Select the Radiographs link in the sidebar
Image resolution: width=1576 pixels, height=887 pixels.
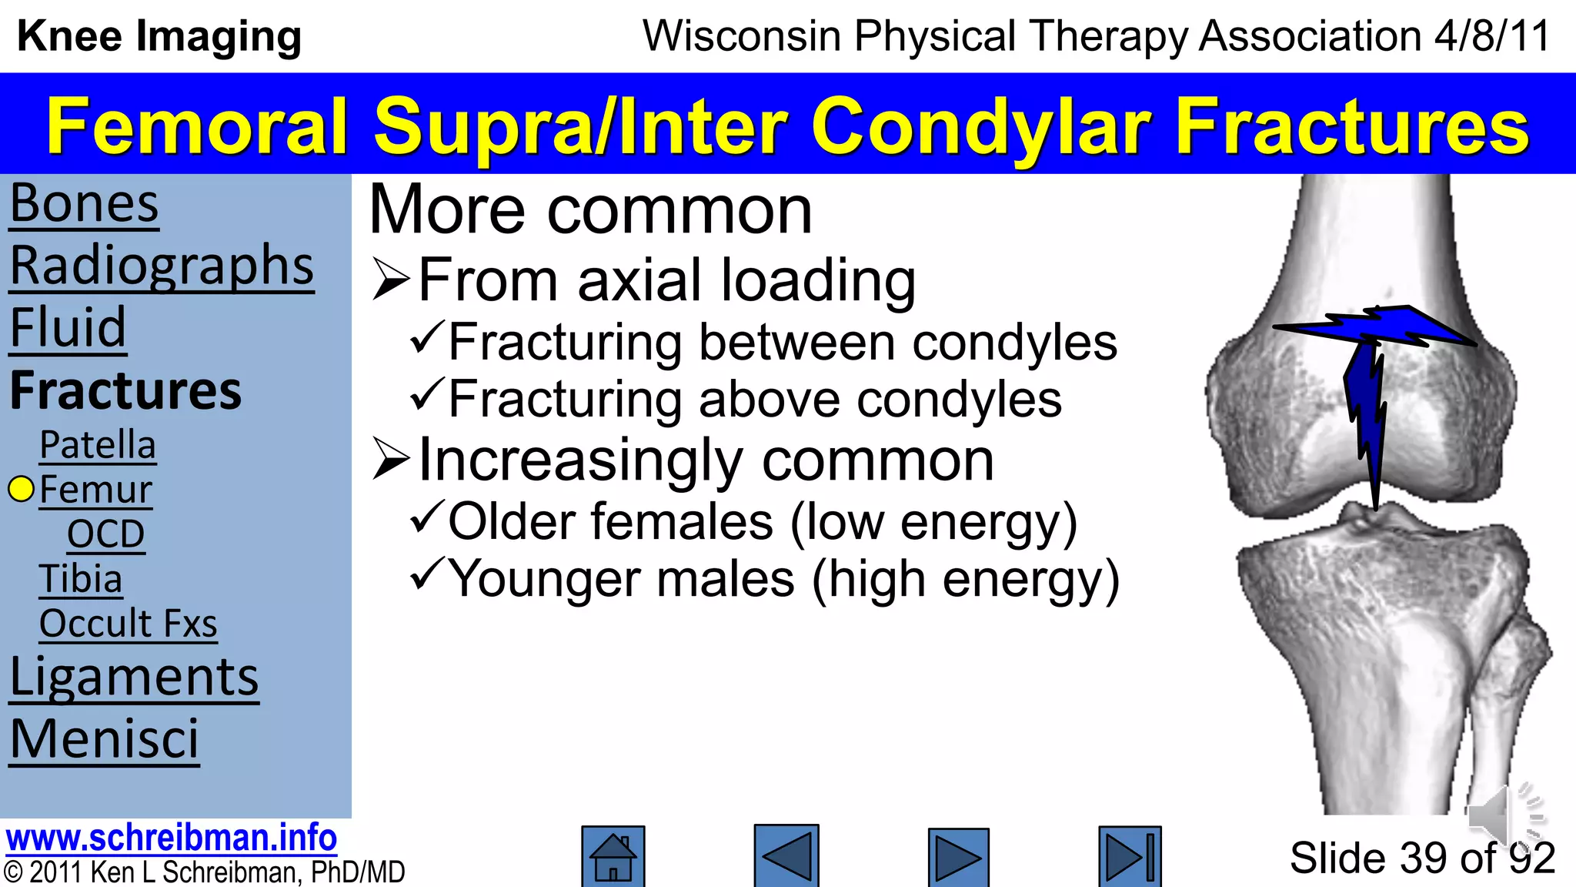click(162, 266)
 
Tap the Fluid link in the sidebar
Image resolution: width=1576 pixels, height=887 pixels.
click(68, 328)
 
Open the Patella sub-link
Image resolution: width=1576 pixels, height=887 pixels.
click(98, 446)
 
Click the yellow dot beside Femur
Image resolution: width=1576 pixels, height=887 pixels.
click(21, 489)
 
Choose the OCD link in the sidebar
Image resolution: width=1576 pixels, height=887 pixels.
click(105, 534)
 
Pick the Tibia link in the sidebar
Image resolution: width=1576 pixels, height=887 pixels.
click(81, 579)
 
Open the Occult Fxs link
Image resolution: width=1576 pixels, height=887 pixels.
click(128, 624)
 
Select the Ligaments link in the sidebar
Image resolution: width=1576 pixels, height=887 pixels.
click(134, 678)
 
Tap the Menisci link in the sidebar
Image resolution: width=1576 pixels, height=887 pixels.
click(104, 740)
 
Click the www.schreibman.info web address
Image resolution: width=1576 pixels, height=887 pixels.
click(171, 838)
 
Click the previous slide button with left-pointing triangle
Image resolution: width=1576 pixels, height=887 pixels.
click(786, 856)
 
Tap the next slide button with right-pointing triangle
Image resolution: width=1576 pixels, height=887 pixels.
click(958, 857)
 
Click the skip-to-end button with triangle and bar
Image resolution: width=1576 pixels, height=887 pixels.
click(1130, 857)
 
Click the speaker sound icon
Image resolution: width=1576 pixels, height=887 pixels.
click(1504, 816)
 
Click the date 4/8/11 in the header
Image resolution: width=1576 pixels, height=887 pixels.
click(1492, 36)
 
